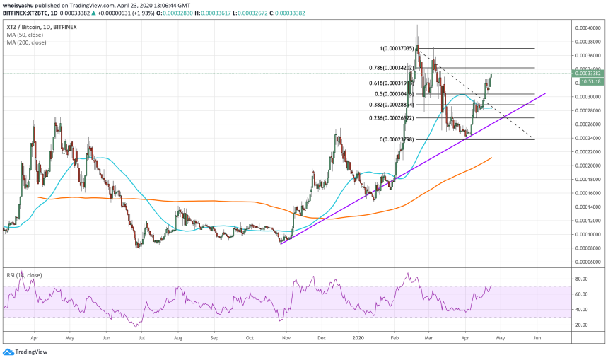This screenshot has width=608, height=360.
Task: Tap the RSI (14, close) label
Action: pos(23,273)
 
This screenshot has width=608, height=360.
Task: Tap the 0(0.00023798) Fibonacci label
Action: pos(401,139)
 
